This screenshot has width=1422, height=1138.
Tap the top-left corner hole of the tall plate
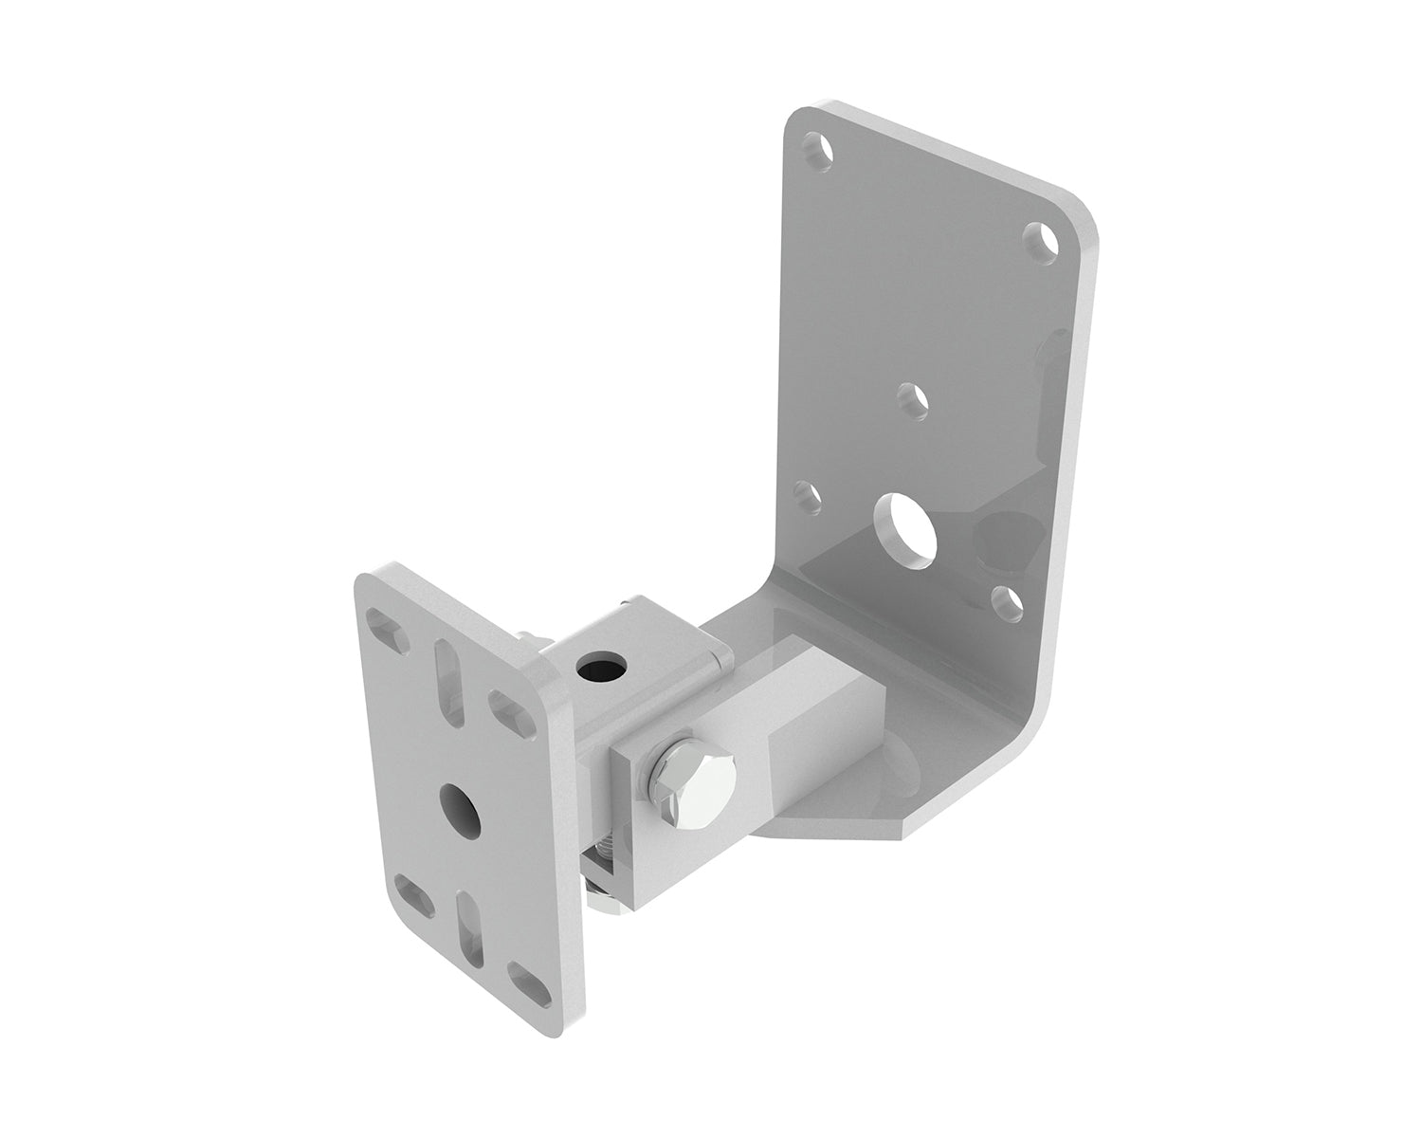(x=817, y=149)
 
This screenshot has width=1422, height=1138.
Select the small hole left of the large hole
(x=807, y=494)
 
